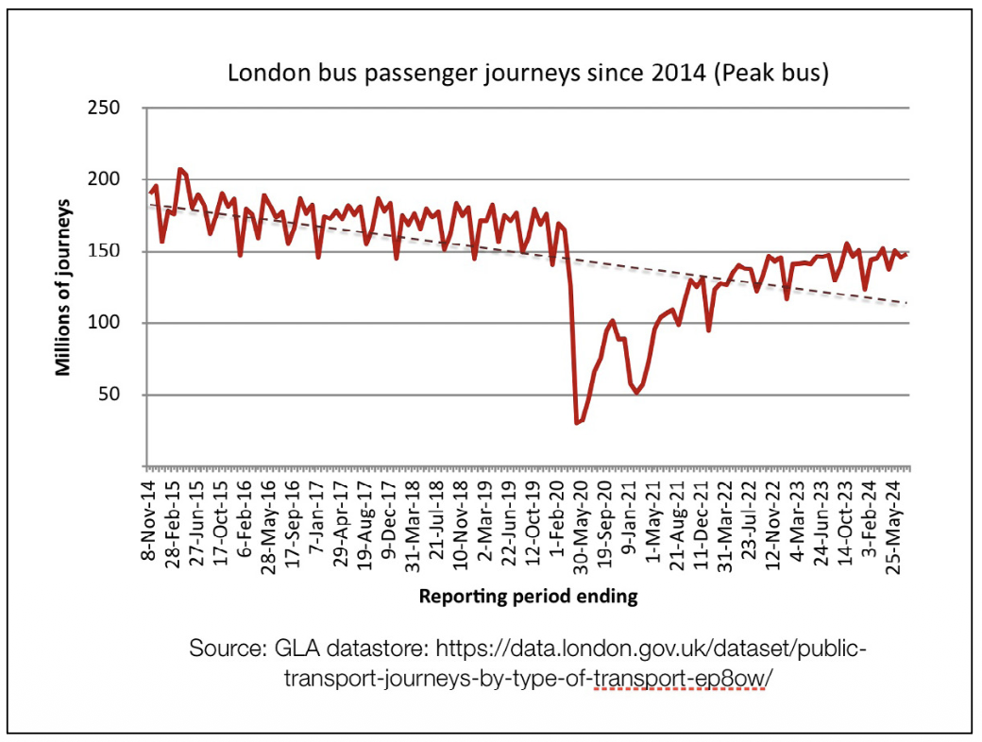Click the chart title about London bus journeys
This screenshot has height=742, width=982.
[x=528, y=73]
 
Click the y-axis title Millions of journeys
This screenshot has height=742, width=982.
[x=63, y=287]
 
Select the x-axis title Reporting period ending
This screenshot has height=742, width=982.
[x=528, y=596]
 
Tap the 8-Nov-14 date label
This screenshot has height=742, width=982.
[x=149, y=519]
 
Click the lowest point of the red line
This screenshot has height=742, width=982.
[x=577, y=422]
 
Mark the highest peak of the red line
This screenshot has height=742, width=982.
[x=179, y=169]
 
